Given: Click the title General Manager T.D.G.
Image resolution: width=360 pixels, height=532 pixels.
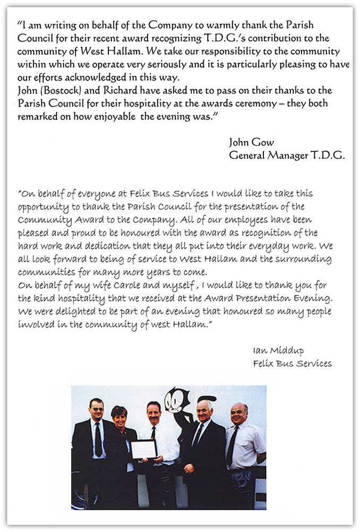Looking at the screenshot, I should [x=287, y=155].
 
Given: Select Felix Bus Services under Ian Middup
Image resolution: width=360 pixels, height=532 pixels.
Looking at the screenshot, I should [x=293, y=364].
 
